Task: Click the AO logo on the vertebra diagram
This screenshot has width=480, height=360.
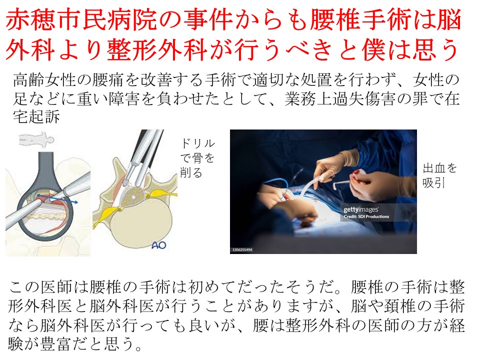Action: pyautogui.click(x=158, y=245)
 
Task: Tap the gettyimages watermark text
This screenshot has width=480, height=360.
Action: pyautogui.click(x=361, y=209)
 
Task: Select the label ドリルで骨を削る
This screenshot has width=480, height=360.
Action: pyautogui.click(x=197, y=158)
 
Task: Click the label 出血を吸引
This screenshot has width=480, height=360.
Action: pyautogui.click(x=439, y=175)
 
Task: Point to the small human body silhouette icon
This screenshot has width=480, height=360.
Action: pyautogui.click(x=36, y=139)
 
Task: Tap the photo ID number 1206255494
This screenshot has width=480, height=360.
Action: pyautogui.click(x=242, y=250)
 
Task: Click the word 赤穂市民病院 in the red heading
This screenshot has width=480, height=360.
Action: pyautogui.click(x=81, y=20)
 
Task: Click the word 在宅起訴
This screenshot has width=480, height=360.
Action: pyautogui.click(x=36, y=116)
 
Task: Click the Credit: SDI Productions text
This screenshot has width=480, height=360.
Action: pyautogui.click(x=366, y=216)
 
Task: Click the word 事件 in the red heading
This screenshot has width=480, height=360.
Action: pyautogui.click(x=208, y=20)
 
